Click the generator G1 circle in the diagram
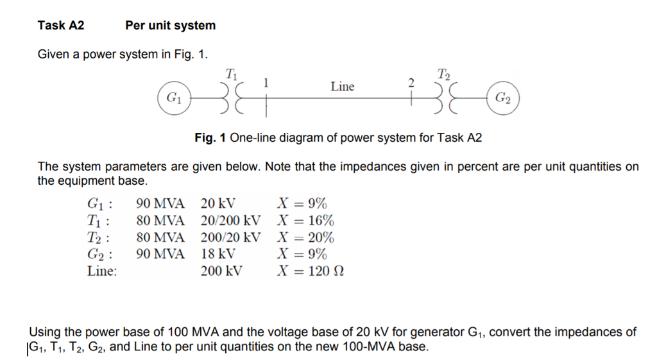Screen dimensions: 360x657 [174, 99]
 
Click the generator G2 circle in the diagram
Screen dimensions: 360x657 [503, 99]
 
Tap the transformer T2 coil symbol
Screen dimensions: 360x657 [444, 99]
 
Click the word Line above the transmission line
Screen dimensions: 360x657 [342, 87]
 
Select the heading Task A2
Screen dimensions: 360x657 [61, 26]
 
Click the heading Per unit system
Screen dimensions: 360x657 [170, 26]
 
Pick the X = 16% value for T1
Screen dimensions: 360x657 [305, 221]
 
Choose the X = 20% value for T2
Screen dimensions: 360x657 [305, 238]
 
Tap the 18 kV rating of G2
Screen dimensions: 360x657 [218, 254]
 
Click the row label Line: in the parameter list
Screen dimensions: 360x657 [102, 271]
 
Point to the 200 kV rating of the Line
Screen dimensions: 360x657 [221, 271]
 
